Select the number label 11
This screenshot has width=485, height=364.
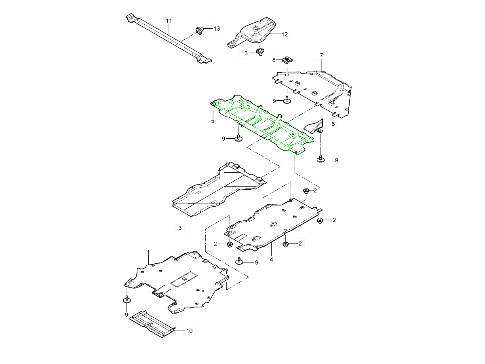(169, 20)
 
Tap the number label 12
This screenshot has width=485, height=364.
(285, 35)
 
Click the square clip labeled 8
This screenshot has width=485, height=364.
(287, 60)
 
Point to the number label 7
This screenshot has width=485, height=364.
(321, 55)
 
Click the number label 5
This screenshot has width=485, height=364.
(213, 121)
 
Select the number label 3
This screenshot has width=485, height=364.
(180, 229)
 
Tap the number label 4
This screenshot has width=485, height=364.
(272, 259)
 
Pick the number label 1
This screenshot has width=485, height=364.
(148, 252)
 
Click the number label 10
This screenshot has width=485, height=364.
(189, 331)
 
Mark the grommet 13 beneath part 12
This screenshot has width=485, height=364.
(260, 52)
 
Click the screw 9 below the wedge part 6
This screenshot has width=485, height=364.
(321, 159)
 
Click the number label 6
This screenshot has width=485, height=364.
(333, 124)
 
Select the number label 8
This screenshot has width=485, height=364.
(274, 60)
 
